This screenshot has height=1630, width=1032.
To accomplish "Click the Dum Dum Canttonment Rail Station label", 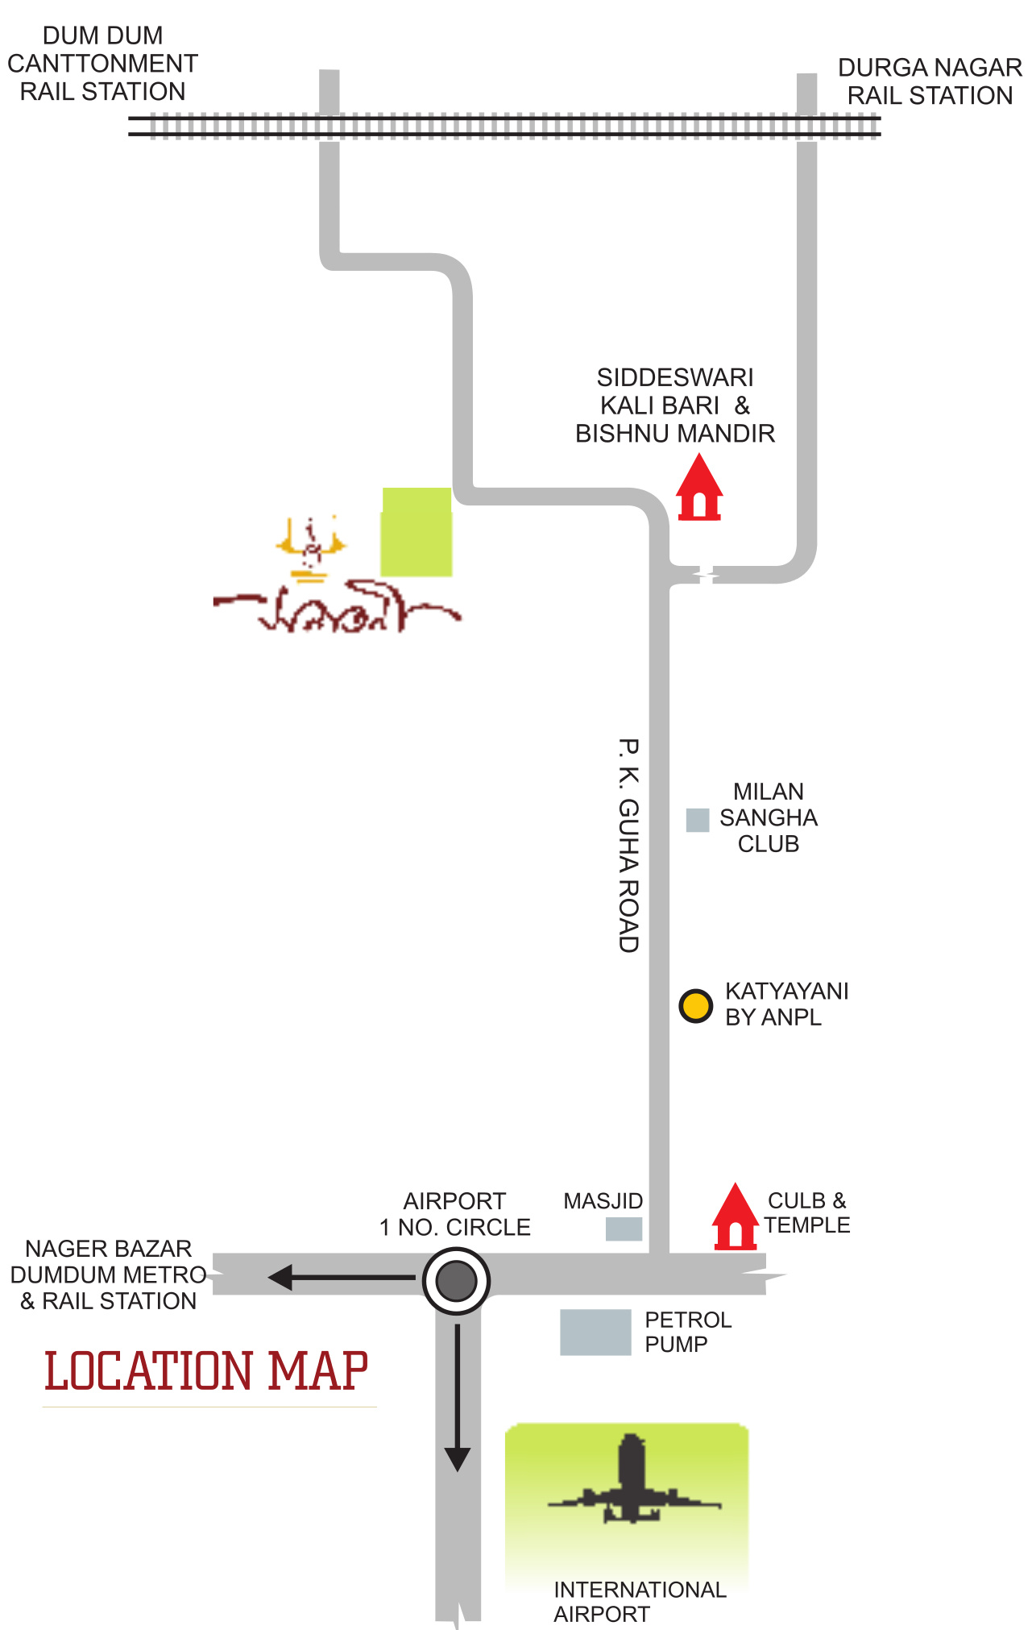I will (x=102, y=64).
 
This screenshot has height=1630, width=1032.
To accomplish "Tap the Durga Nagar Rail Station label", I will (x=930, y=81).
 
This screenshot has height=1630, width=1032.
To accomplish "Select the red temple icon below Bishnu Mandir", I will (x=699, y=489).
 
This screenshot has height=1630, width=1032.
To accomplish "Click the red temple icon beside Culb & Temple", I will (x=735, y=1218).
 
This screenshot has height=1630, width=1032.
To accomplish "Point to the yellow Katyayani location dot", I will (x=695, y=1006).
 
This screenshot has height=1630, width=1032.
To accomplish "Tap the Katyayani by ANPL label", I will (x=786, y=1004).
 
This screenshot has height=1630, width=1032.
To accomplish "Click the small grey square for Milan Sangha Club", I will (x=697, y=820).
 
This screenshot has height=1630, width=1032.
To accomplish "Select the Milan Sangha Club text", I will (x=769, y=817).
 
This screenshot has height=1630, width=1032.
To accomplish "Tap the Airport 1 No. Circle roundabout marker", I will (x=456, y=1281).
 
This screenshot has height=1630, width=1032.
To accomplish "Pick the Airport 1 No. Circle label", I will (x=455, y=1214).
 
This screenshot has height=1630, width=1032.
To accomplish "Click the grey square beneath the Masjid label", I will (x=624, y=1229).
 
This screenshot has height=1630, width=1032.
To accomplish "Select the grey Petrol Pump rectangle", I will (x=595, y=1332).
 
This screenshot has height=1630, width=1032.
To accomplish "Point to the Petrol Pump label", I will (x=687, y=1332).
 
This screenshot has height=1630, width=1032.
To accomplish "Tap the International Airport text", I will (x=640, y=1602).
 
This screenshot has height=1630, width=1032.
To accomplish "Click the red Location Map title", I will (x=206, y=1372).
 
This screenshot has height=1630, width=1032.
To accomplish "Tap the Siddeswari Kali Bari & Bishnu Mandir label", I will (x=675, y=405).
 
